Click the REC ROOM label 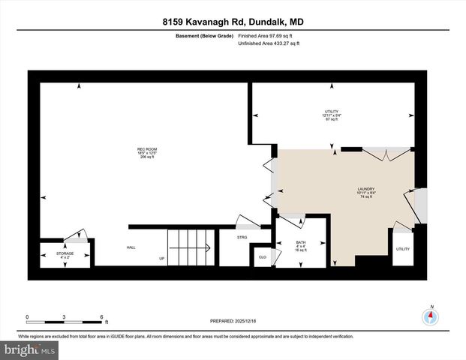(x=146, y=149)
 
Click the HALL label (x=131, y=247)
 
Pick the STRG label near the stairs (x=242, y=237)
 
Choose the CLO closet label (x=263, y=256)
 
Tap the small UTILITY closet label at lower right (x=403, y=248)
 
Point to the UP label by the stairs (x=161, y=259)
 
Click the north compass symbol (x=431, y=315)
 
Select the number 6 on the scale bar (x=101, y=316)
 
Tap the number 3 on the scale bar (x=65, y=316)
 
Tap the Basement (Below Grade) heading (x=198, y=35)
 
